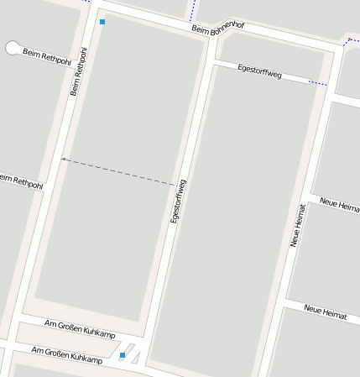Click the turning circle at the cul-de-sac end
(x=13, y=48)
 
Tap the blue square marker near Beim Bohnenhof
(x=102, y=22)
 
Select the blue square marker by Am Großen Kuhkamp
(x=123, y=355)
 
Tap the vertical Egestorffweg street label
(x=177, y=201)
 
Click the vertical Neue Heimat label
(x=297, y=225)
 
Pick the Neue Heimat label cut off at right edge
(x=340, y=207)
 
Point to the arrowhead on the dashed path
(x=63, y=159)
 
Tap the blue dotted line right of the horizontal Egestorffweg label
(x=317, y=82)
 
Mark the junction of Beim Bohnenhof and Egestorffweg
(x=210, y=50)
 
